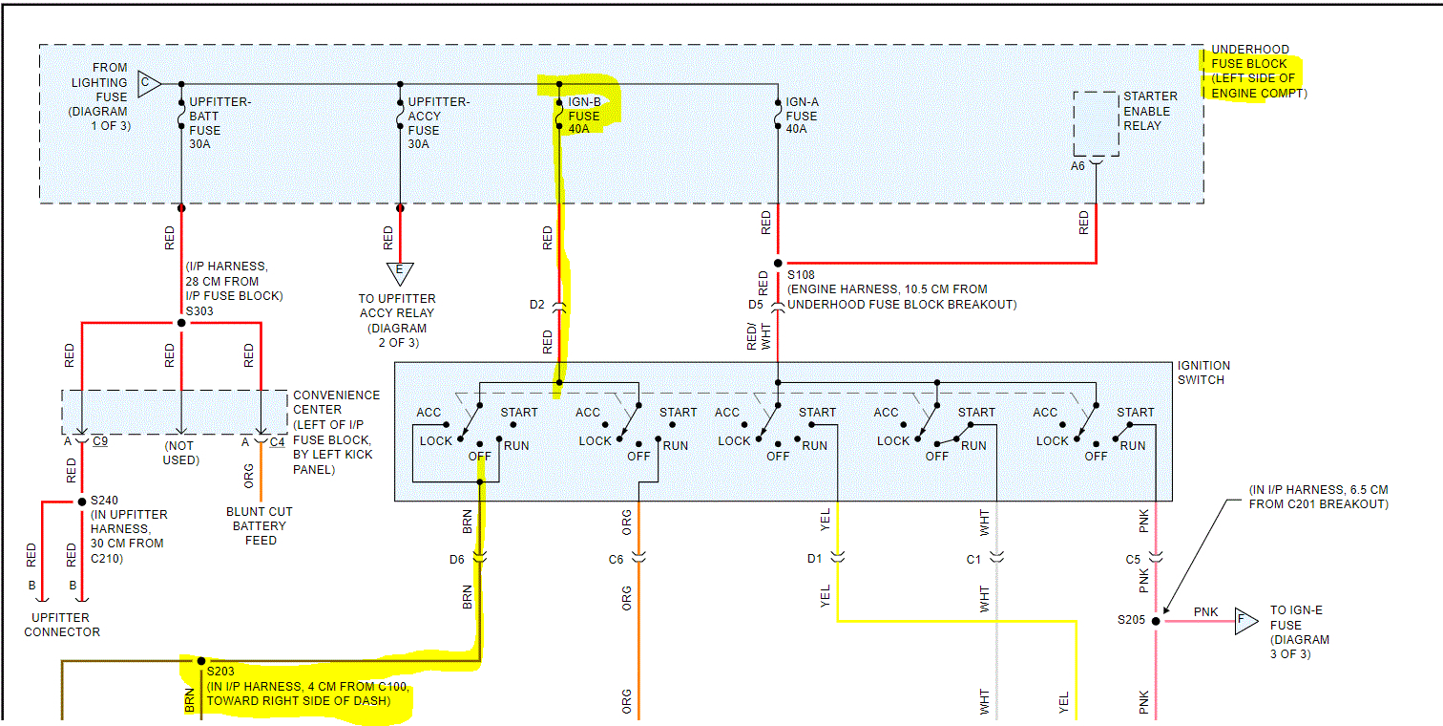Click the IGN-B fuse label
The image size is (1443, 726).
click(584, 117)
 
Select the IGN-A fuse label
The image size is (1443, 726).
click(802, 115)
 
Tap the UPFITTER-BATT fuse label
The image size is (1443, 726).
click(220, 123)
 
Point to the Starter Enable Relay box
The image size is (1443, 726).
click(1096, 124)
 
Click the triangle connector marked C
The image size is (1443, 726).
click(148, 84)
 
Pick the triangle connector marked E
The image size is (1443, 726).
click(399, 272)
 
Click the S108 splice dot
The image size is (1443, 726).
click(778, 263)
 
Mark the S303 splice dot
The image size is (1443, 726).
click(181, 323)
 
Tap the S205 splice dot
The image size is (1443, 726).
click(1156, 620)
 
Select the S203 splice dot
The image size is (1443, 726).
click(200, 660)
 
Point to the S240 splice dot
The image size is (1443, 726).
click(81, 502)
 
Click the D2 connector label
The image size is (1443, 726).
click(536, 305)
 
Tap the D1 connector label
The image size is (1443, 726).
click(814, 559)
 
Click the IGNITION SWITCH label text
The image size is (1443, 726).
click(1204, 373)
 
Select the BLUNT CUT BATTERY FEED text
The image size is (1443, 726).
click(260, 525)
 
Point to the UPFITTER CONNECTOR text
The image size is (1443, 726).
click(62, 625)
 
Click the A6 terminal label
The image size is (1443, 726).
click(1077, 165)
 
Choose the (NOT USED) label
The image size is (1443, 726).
click(180, 453)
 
